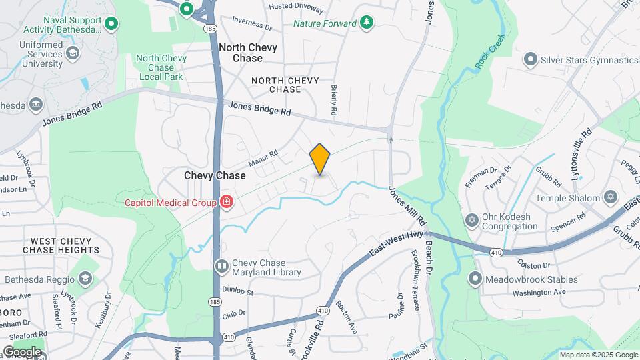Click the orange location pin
point(320,159)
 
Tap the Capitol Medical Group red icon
point(227,202)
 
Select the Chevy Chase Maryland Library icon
point(221,267)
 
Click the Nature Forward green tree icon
point(366,23)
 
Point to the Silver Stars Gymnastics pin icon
point(530,60)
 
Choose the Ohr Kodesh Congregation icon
point(473,220)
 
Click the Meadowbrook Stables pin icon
point(475,279)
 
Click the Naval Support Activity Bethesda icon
point(112,25)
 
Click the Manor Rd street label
point(262,159)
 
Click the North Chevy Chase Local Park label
point(161,67)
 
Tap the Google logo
point(21,352)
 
